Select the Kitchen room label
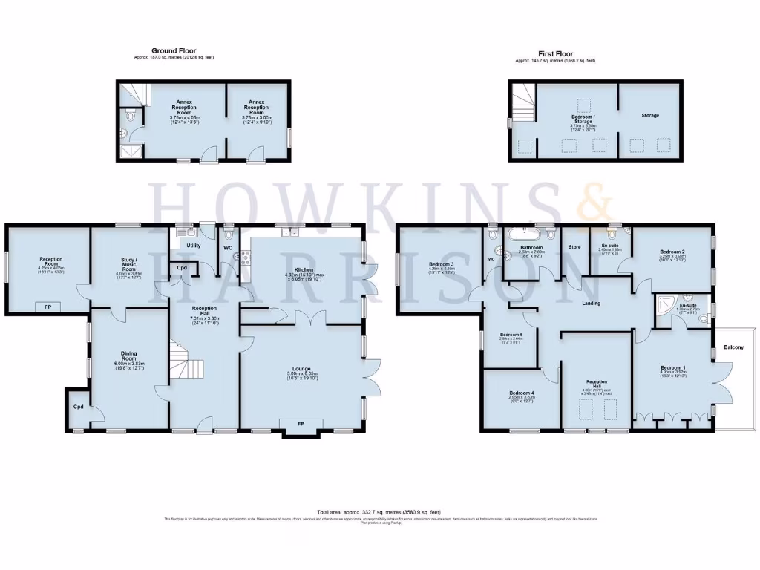[x=304, y=269]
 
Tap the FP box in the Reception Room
[x=47, y=306]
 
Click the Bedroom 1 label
[x=670, y=367]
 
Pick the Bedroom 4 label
[x=522, y=393]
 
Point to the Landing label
[x=591, y=304]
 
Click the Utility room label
[x=194, y=244]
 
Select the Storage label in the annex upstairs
[x=650, y=115]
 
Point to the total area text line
[x=379, y=512]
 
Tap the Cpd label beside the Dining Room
[x=78, y=407]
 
